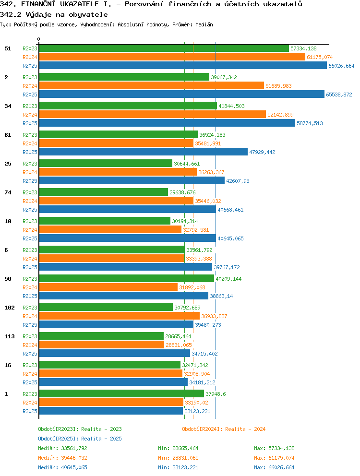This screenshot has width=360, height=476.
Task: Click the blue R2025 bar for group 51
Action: coord(183,66)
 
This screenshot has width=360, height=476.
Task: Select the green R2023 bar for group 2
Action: coord(124,77)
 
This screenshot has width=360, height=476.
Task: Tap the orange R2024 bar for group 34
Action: coord(153,115)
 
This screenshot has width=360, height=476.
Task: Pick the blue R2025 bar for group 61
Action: coord(144,152)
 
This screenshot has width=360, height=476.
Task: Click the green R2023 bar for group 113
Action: coord(101,336)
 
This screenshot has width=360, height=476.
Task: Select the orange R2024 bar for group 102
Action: coord(120,316)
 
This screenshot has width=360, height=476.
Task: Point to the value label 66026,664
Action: coord(341,66)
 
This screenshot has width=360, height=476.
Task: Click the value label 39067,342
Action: coord(224,77)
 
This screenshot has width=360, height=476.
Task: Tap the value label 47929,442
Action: coord(262,152)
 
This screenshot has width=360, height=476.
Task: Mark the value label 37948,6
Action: coord(216,394)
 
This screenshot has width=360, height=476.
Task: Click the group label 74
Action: coord(8,192)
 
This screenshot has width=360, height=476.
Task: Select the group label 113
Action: coord(10,336)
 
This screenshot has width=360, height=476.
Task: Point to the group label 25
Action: coord(8,164)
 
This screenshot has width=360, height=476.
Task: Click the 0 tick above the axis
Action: coord(38,39)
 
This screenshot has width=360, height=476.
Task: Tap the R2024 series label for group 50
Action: coord(30,287)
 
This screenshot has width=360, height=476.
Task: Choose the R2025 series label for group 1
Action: coord(30,411)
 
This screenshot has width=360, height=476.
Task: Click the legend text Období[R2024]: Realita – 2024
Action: coord(224,429)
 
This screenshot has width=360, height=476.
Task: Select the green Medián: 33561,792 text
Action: coord(62,448)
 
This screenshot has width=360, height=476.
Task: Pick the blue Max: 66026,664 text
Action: coord(275,467)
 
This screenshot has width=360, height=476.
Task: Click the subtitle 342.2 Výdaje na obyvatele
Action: coord(54,14)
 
